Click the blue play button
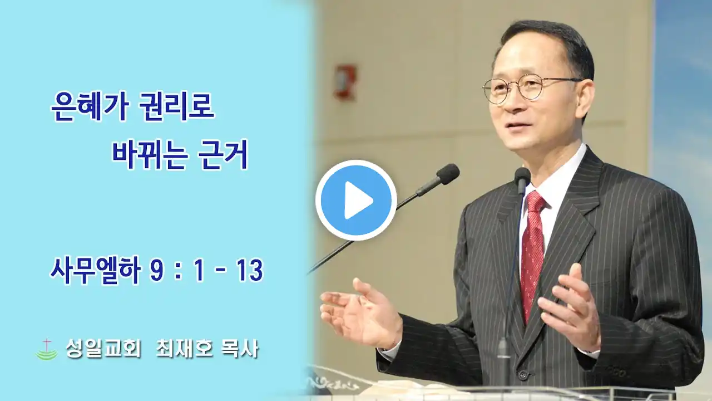356,200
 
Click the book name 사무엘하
95,271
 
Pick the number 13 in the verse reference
251,271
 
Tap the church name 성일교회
103,349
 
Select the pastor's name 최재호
184,349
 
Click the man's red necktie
533,251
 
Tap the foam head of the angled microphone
448,174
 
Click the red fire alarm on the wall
344,82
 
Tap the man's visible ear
587,95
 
